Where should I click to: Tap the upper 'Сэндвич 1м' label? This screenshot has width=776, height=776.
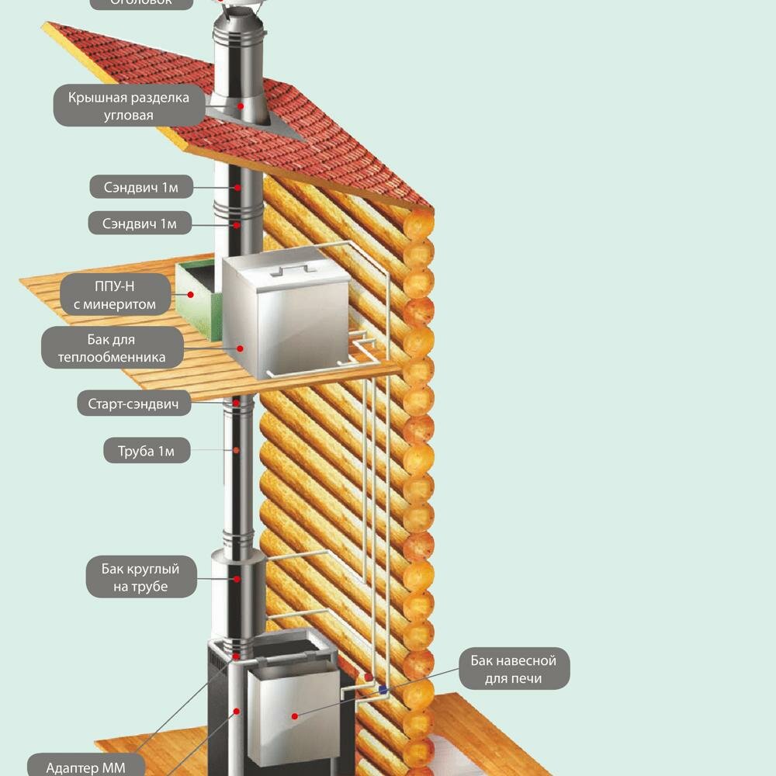(140, 187)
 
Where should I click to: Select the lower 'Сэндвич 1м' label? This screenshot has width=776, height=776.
(140, 224)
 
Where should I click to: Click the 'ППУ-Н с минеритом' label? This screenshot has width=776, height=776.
(115, 296)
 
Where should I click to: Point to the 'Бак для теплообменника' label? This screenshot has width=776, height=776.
(112, 348)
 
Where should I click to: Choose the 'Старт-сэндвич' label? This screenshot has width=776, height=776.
(134, 404)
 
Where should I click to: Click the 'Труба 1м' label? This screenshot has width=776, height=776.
(147, 451)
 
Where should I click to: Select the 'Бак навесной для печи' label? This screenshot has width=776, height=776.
(514, 670)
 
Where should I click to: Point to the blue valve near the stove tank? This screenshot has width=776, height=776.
(383, 688)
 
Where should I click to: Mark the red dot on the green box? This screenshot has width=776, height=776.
(191, 295)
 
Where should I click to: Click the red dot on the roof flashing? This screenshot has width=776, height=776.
(241, 106)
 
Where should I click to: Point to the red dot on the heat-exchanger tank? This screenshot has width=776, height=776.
(240, 348)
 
